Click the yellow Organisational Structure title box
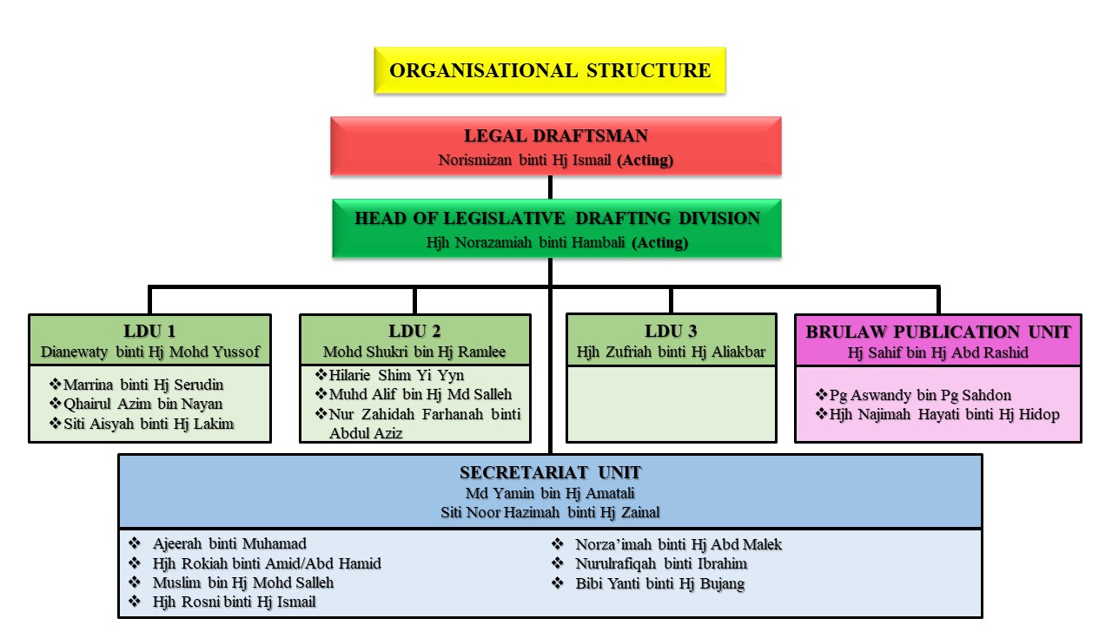(550, 70)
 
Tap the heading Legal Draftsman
(556, 136)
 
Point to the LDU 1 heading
(149, 331)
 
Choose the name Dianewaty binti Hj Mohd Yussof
(149, 352)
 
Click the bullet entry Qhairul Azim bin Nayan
(143, 404)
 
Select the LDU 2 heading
(414, 331)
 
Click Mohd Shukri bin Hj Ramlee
(414, 352)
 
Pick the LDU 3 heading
(671, 331)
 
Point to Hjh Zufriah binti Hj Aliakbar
(671, 352)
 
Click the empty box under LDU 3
(671, 404)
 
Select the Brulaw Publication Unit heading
(938, 331)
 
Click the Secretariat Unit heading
(550, 473)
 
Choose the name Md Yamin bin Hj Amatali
(550, 494)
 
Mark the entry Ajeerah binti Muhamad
(229, 544)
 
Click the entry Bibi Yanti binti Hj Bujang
(659, 583)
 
